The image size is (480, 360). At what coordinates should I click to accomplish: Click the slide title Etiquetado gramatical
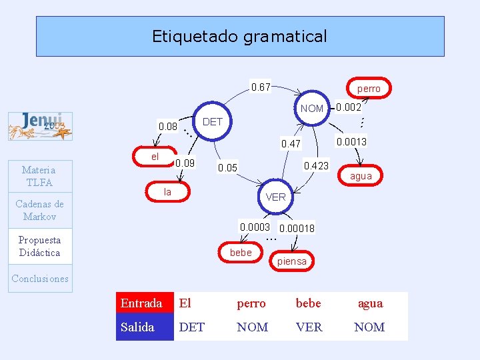pyautogui.click(x=239, y=36)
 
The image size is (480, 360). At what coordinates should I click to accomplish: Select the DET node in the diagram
pyautogui.click(x=212, y=121)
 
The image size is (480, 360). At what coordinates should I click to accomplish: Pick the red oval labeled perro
pyautogui.click(x=368, y=88)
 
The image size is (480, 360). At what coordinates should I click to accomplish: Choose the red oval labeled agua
pyautogui.click(x=361, y=176)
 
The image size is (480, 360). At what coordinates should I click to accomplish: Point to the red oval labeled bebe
pyautogui.click(x=241, y=252)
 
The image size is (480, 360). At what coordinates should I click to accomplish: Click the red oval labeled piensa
pyautogui.click(x=292, y=261)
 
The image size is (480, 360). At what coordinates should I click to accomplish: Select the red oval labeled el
pyautogui.click(x=155, y=157)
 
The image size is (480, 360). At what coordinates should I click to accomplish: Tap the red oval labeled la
pyautogui.click(x=167, y=192)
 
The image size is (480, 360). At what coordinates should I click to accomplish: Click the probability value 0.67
pyautogui.click(x=260, y=87)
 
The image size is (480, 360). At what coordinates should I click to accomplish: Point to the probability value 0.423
pyautogui.click(x=316, y=165)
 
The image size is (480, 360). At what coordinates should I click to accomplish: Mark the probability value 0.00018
pyautogui.click(x=297, y=229)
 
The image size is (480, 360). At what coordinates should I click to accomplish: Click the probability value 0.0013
pyautogui.click(x=351, y=141)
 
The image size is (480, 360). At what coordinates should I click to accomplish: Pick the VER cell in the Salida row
pyautogui.click(x=309, y=327)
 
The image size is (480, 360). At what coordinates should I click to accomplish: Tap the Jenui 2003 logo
pyautogui.click(x=40, y=126)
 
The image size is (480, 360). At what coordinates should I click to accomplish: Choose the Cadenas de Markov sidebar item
pyautogui.click(x=40, y=210)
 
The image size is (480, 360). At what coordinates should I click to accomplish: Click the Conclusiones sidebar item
pyautogui.click(x=40, y=279)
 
